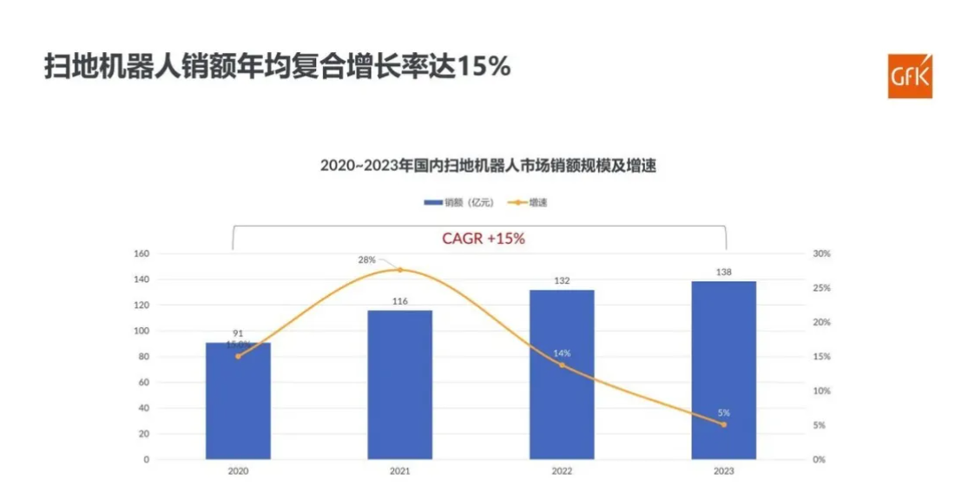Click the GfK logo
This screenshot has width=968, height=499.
909,76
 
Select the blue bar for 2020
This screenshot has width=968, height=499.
238,400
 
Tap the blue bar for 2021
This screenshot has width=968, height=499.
399,384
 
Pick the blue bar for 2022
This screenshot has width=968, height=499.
562,374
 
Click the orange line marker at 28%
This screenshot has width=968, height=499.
400,270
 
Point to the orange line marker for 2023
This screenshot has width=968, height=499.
724,424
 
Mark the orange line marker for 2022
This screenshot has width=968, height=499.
562,365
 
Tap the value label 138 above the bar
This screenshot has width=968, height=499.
724,272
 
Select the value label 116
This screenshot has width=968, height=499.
399,301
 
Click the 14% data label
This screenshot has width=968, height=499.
562,353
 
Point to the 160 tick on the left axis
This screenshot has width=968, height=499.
142,254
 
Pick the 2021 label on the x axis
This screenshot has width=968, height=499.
399,471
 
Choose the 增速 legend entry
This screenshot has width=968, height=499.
537,202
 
